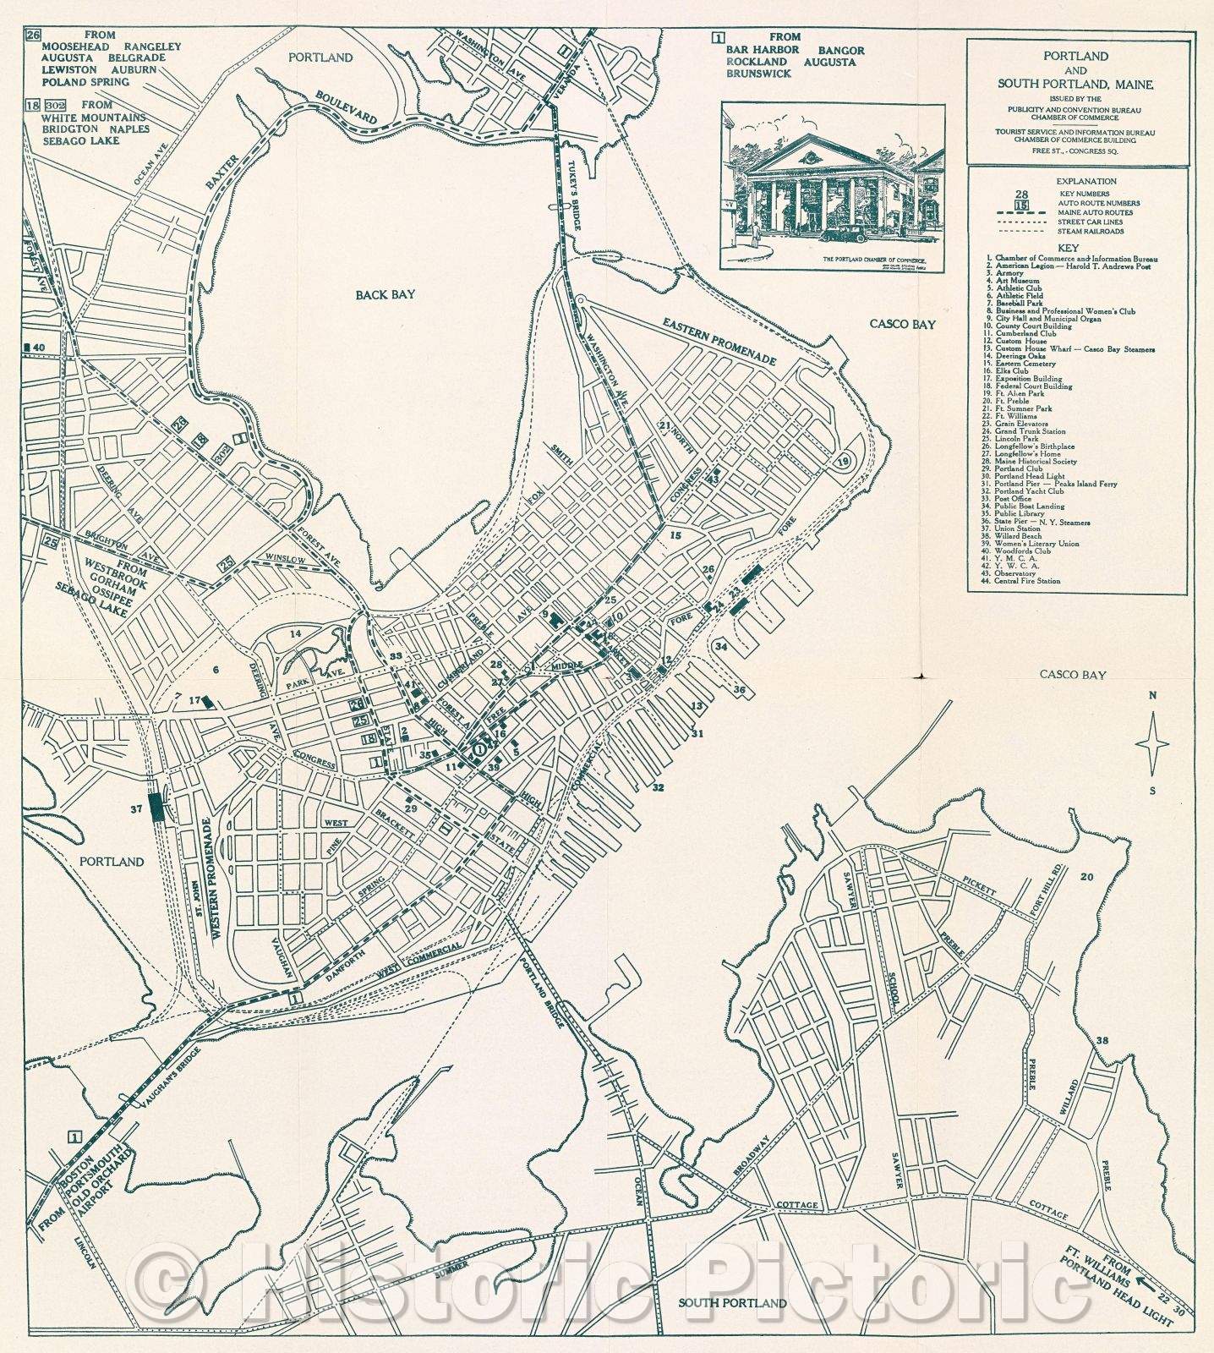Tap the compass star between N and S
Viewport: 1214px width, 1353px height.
pyautogui.click(x=1152, y=744)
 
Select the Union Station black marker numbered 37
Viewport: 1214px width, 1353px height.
pyautogui.click(x=156, y=808)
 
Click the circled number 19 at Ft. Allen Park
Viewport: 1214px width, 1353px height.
pyautogui.click(x=842, y=462)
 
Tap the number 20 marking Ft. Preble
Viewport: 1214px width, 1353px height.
pyautogui.click(x=1085, y=877)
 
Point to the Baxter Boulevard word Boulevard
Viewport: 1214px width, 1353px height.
pyautogui.click(x=347, y=108)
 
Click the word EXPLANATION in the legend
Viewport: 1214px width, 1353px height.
pyautogui.click(x=1086, y=181)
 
